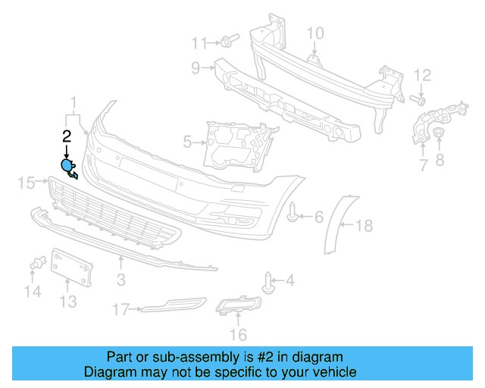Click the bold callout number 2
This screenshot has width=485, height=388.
[67, 136]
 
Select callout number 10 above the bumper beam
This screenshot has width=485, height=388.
[314, 33]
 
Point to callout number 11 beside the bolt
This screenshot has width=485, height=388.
[199, 42]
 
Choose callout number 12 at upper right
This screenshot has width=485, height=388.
[421, 75]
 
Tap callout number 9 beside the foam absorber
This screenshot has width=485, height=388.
[196, 68]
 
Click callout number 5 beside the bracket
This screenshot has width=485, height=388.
[188, 141]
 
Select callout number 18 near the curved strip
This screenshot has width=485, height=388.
[365, 225]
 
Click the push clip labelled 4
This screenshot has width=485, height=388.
[268, 283]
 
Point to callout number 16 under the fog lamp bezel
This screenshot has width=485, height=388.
[239, 333]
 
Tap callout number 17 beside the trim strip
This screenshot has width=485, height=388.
[120, 309]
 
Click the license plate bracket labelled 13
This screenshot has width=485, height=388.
[71, 268]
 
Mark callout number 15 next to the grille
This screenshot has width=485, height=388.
[27, 182]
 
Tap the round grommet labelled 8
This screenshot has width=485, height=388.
[439, 135]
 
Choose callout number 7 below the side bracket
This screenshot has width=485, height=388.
[423, 164]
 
